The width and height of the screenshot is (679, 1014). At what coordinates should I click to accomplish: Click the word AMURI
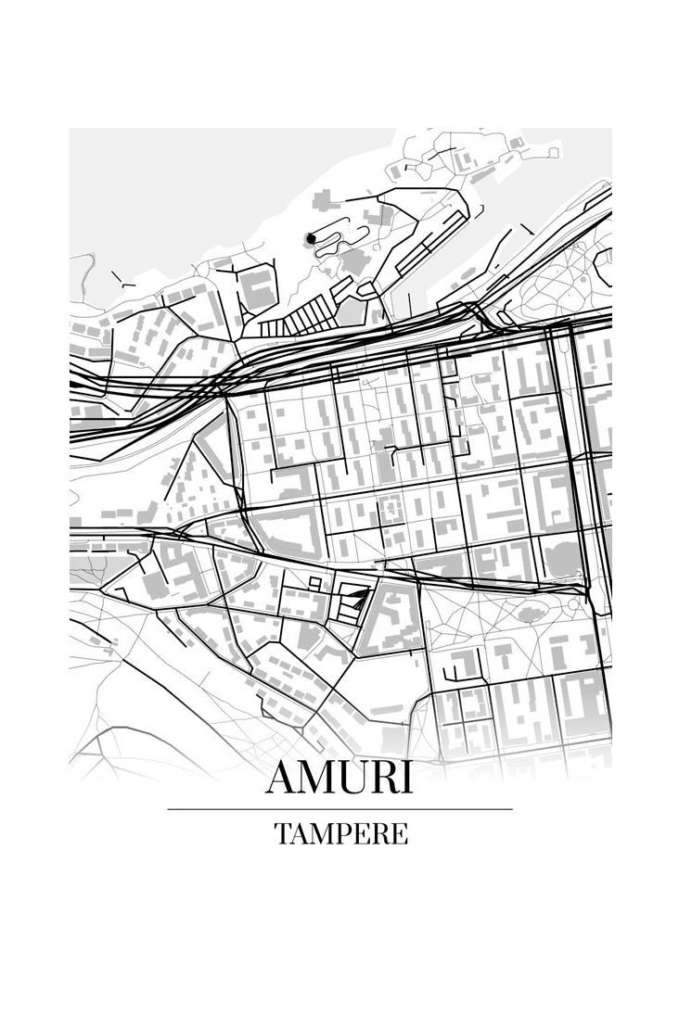339,778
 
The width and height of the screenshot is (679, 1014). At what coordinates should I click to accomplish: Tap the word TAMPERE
340,833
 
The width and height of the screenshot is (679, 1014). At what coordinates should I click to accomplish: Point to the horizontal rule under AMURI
339,809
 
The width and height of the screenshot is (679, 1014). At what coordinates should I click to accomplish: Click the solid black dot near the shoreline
311,239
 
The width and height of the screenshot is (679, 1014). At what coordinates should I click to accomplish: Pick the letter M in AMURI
317,779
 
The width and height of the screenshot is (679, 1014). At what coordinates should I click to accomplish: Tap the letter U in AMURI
353,779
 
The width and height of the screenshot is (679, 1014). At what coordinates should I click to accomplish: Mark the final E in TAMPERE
400,834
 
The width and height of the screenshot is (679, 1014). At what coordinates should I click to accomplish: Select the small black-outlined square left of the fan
315,582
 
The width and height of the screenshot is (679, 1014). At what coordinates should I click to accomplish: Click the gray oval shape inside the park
531,614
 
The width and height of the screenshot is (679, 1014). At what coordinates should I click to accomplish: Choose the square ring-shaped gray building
390,507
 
